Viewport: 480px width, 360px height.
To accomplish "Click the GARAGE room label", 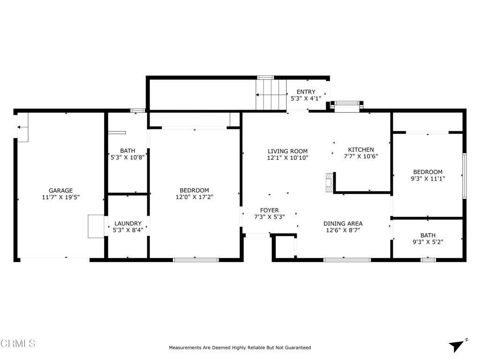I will click(61, 190).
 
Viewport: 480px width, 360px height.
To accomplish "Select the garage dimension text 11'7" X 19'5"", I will click(61, 197).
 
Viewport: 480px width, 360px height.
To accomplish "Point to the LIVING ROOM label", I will click(287, 151).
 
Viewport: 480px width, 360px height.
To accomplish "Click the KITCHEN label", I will click(360, 150).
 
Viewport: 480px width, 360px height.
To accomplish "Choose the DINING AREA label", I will click(343, 223).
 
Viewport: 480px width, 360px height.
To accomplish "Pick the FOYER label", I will click(269, 210).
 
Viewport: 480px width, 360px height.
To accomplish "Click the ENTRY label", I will click(306, 92).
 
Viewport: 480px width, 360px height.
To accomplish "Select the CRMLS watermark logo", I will click(18, 344).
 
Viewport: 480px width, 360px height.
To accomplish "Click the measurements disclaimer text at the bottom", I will click(240, 348).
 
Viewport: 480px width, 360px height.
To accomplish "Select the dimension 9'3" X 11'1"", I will click(427, 179).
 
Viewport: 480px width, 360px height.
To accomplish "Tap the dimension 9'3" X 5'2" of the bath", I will click(427, 242).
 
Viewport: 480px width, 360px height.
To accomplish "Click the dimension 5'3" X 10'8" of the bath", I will click(127, 157).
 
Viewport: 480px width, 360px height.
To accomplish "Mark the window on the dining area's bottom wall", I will click(347, 259).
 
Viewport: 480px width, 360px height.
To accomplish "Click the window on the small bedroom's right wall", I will click(464, 175).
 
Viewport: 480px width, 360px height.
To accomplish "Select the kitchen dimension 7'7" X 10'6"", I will click(360, 157).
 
